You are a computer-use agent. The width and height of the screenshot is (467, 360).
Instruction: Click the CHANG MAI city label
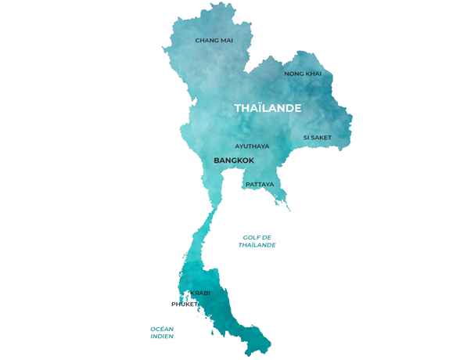click(214, 40)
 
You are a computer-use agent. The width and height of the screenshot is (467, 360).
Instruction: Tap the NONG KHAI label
click(303, 74)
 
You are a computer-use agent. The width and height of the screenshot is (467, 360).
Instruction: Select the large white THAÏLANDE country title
click(268, 108)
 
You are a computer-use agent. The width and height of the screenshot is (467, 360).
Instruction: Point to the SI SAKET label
click(317, 138)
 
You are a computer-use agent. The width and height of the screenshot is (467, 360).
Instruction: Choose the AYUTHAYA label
click(252, 146)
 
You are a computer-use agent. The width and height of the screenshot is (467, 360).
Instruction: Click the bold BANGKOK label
click(234, 160)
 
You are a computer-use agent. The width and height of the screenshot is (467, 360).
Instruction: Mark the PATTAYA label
click(260, 185)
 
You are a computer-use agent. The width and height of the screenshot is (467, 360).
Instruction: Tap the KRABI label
click(200, 293)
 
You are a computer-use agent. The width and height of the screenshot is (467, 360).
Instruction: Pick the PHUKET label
click(185, 304)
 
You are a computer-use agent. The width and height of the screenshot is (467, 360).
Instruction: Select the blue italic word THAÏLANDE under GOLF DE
click(257, 245)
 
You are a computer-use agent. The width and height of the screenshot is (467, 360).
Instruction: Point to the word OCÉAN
click(162, 329)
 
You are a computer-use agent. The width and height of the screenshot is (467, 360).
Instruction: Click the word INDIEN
click(162, 337)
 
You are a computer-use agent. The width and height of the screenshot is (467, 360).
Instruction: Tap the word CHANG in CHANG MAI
click(206, 40)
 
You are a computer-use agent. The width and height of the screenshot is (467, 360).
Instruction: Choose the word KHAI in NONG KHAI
click(313, 74)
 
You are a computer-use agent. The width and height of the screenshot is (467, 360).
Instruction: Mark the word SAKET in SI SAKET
click(322, 138)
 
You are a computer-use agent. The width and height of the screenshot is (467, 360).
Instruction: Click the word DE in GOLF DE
click(267, 237)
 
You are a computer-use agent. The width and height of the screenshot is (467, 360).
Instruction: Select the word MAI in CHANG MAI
click(225, 40)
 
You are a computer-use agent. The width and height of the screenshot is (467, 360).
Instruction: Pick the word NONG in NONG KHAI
click(293, 74)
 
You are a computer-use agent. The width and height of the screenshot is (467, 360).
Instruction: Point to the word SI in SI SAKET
click(306, 138)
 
